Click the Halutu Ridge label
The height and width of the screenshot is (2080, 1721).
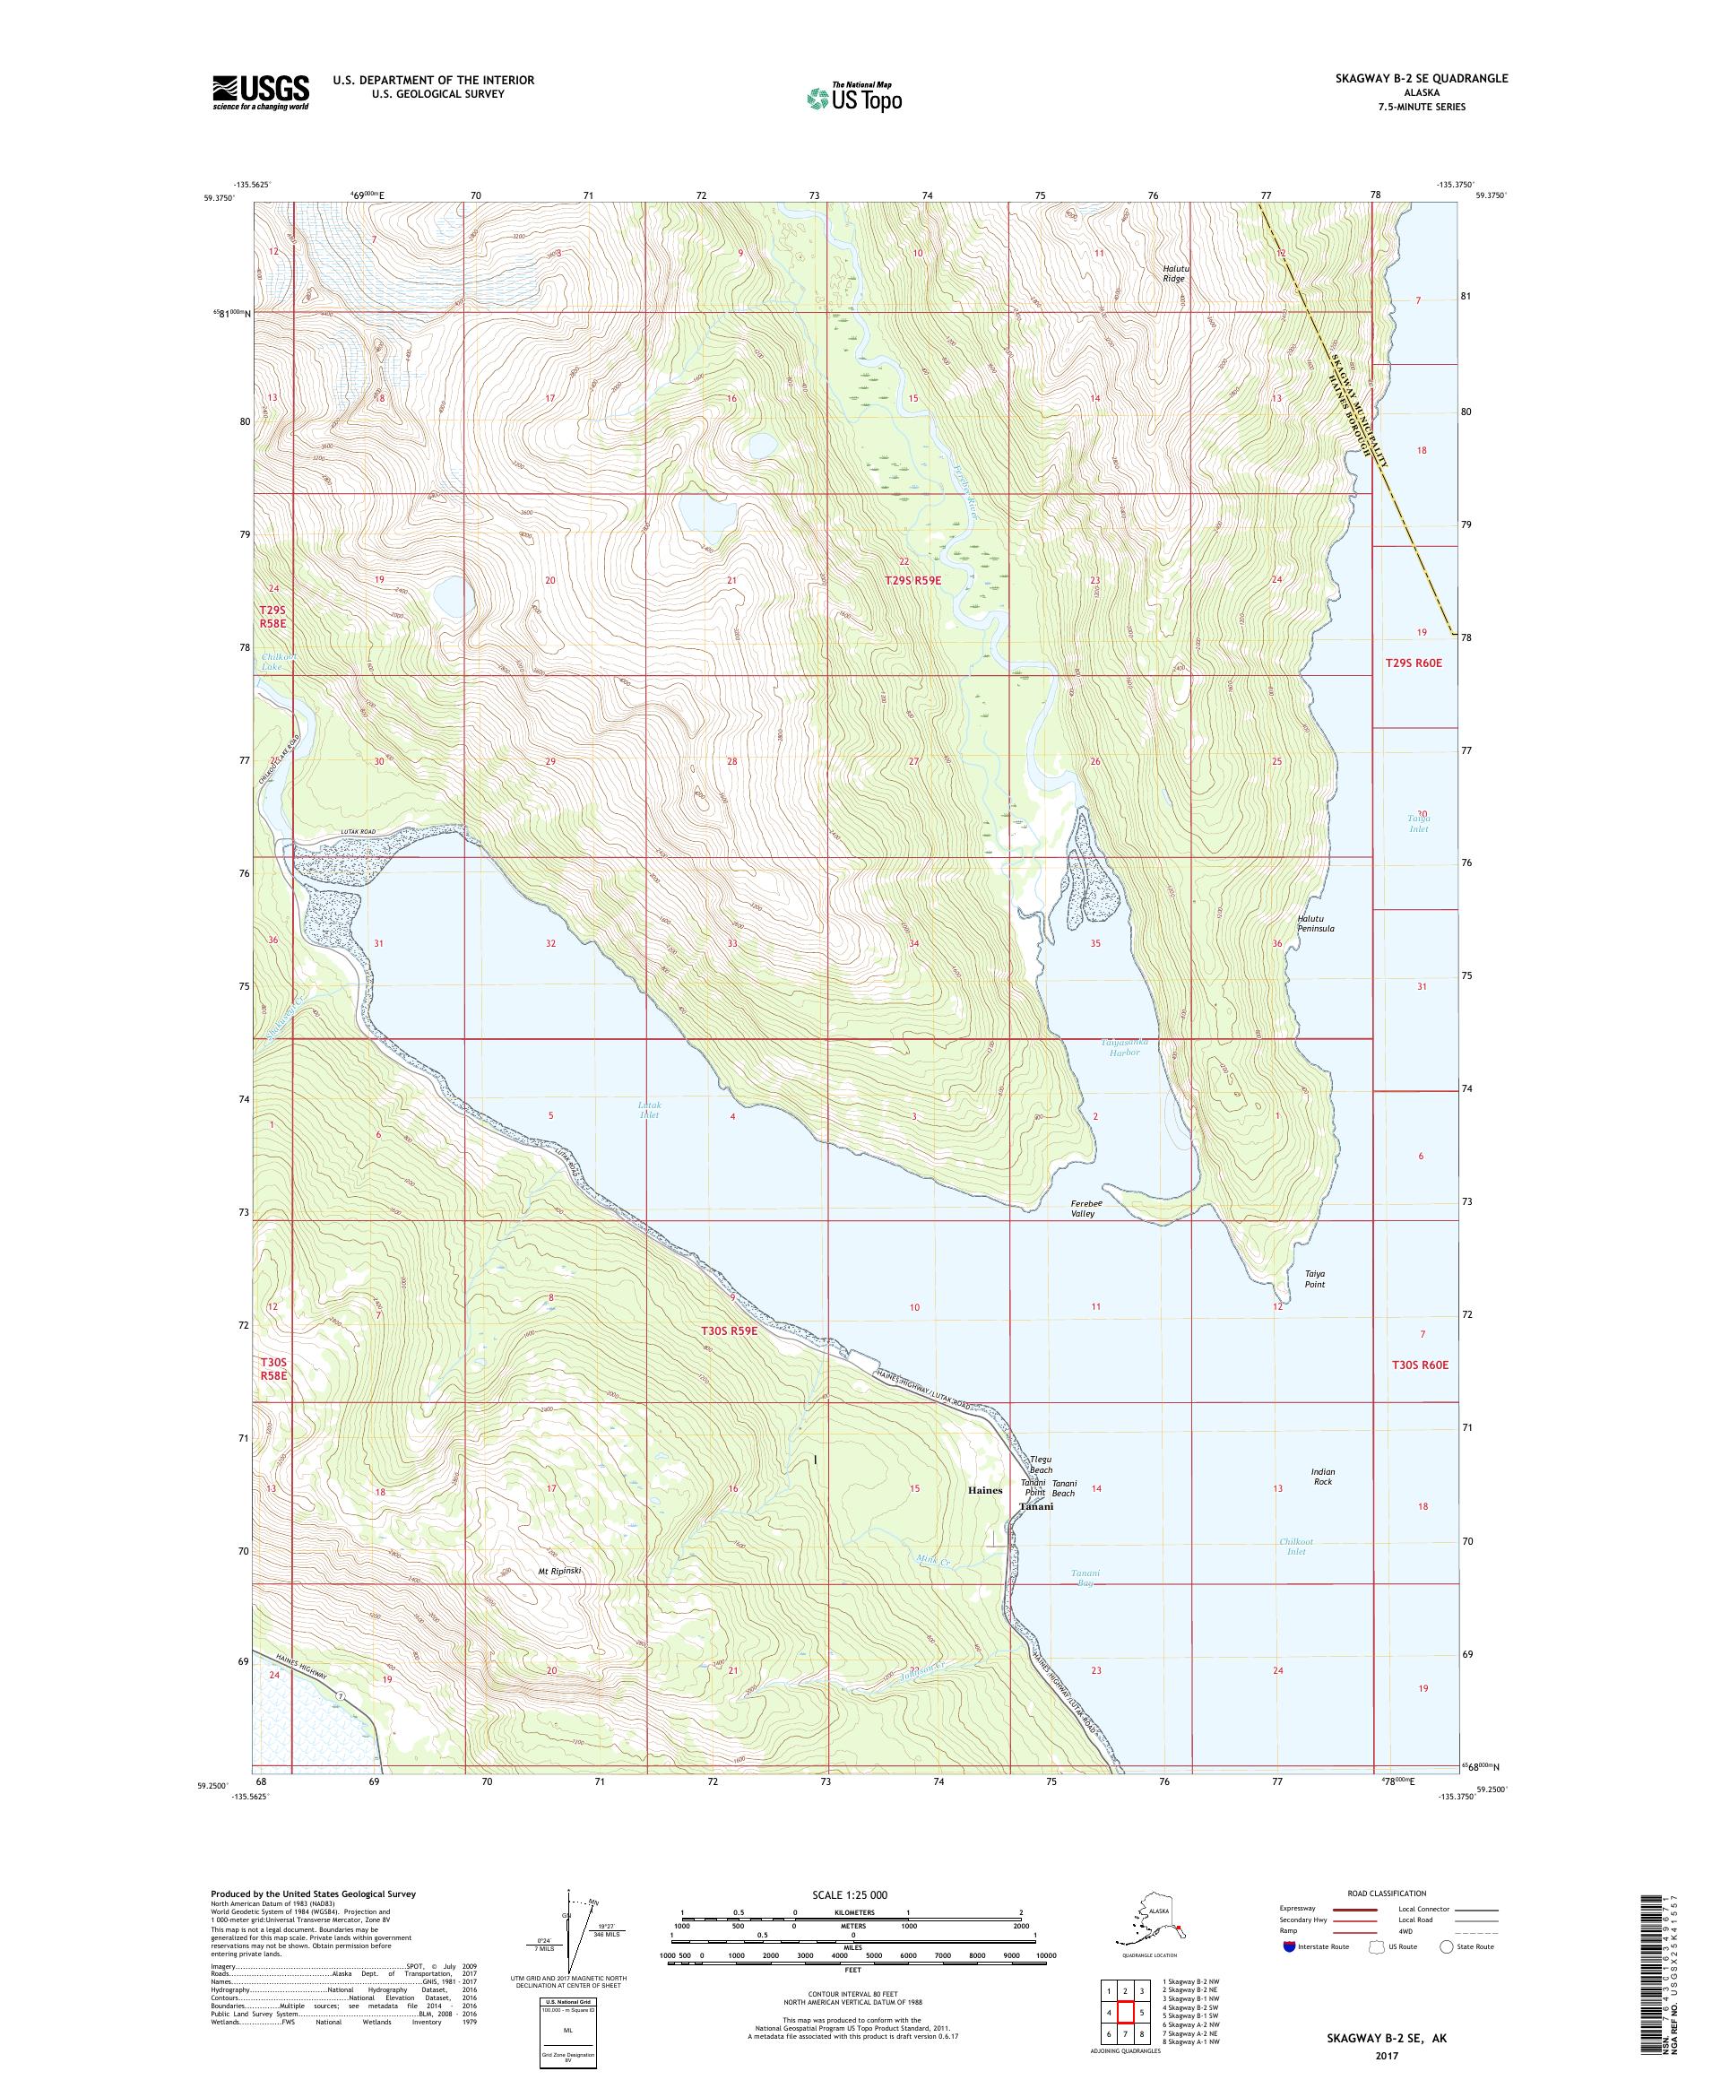pos(1173,273)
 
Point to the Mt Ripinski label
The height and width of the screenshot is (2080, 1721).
pos(558,1570)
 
